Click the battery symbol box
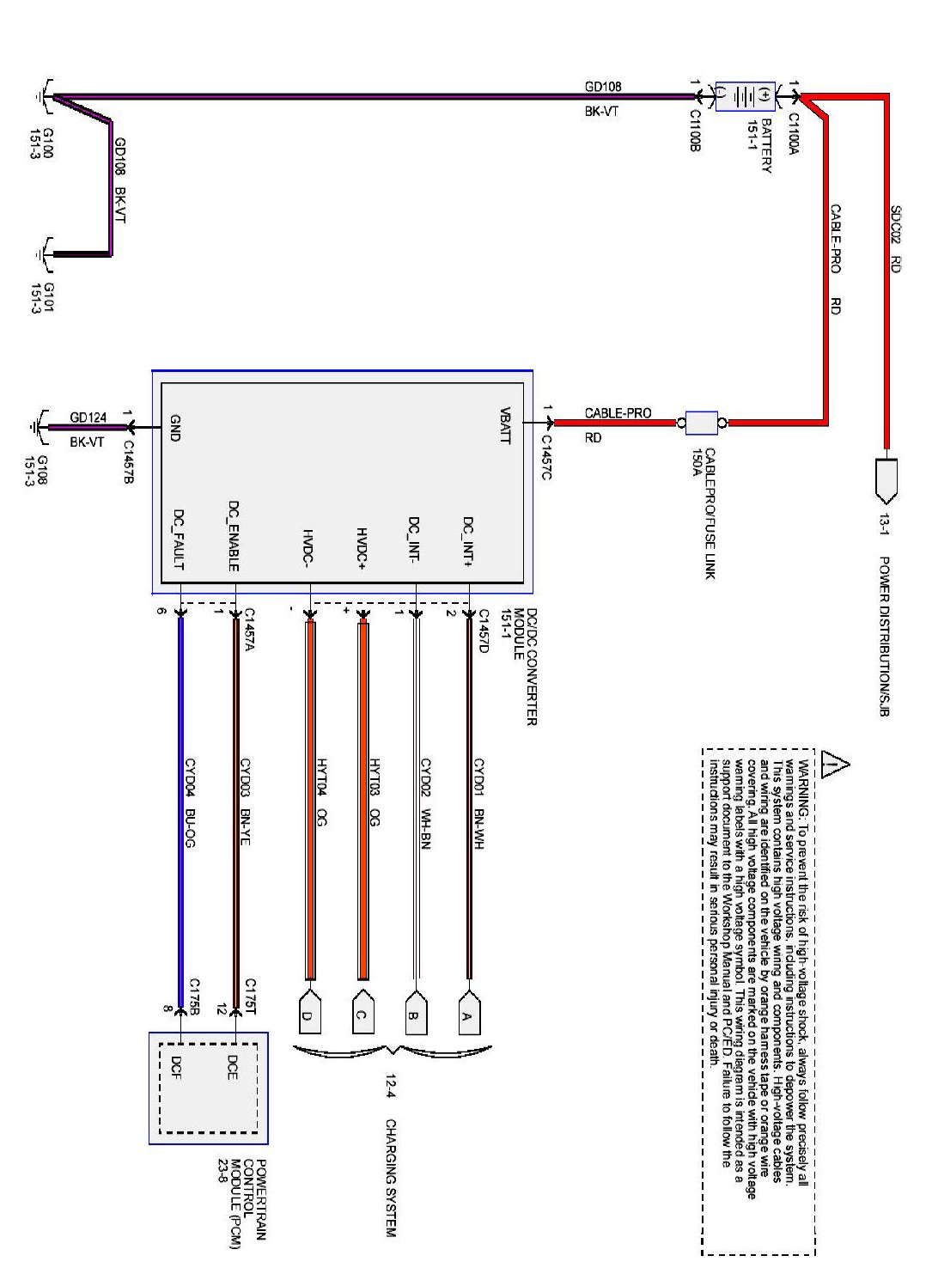pyautogui.click(x=745, y=96)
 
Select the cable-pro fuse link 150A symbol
pyautogui.click(x=702, y=423)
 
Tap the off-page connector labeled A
pyautogui.click(x=469, y=1014)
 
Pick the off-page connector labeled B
pyautogui.click(x=415, y=1014)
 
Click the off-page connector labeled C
pyautogui.click(x=362, y=1014)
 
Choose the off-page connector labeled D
pyautogui.click(x=308, y=1014)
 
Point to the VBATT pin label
pyautogui.click(x=505, y=424)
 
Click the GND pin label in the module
pyautogui.click(x=175, y=428)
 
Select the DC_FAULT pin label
pyautogui.click(x=179, y=539)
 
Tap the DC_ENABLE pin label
pyautogui.click(x=233, y=536)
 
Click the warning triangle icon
pyautogui.click(x=833, y=763)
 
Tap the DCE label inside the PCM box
pyautogui.click(x=232, y=1067)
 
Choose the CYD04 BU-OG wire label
pyautogui.click(x=191, y=803)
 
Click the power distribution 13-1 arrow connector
pyautogui.click(x=886, y=481)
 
